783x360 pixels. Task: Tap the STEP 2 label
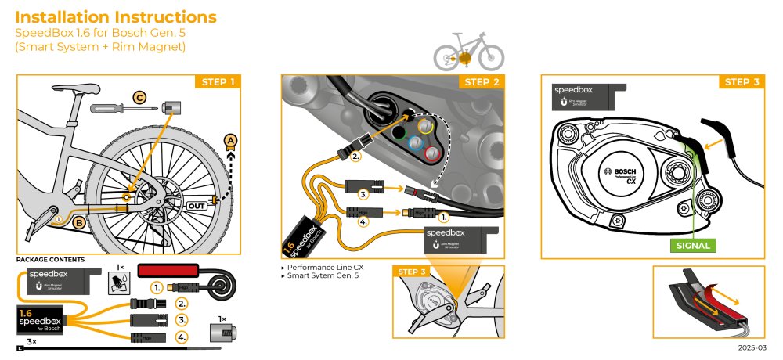click(481, 82)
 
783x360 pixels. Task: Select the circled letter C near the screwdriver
click(140, 98)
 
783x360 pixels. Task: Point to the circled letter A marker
click(229, 140)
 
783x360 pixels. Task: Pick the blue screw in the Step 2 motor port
click(415, 142)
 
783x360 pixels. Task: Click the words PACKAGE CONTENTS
click(50, 259)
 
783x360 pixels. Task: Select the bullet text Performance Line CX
click(322, 268)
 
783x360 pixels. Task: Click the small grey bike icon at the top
click(469, 52)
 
